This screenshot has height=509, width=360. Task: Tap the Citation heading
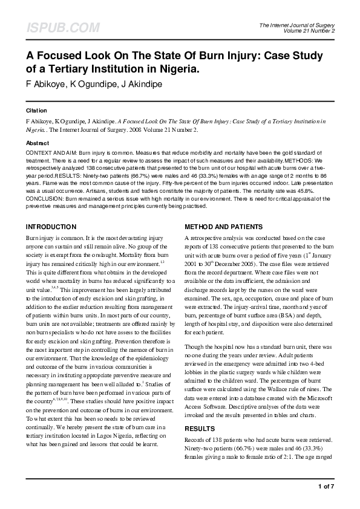[36, 111]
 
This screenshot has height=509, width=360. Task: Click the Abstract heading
[38, 143]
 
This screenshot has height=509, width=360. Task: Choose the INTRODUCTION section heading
[51, 227]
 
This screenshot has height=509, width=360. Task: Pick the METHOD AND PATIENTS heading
[223, 227]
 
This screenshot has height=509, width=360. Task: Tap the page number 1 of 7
[326, 486]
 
